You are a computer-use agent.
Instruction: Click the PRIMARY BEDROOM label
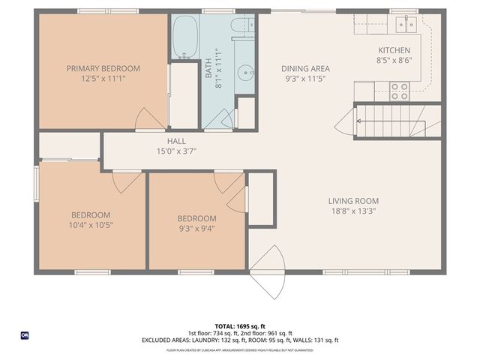coord(103,68)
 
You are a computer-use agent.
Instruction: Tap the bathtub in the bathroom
coord(184,37)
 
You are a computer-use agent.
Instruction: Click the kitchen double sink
coord(406,25)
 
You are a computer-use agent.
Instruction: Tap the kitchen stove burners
coord(400,91)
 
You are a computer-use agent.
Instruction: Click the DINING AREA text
coord(305,68)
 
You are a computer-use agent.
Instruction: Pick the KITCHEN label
coord(394,50)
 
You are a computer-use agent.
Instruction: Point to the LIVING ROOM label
coord(353,201)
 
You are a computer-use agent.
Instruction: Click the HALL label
coord(176,140)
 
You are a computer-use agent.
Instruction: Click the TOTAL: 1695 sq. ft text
coord(239,327)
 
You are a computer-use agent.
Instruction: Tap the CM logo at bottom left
coord(24,335)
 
